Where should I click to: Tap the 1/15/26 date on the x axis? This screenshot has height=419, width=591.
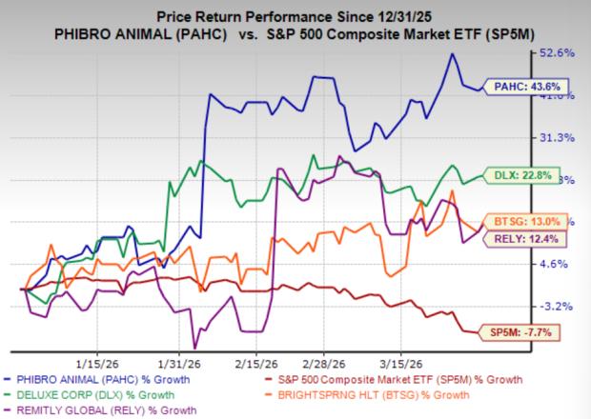pyautogui.click(x=96, y=363)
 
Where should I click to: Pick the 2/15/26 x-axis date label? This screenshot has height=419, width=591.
pyautogui.click(x=251, y=363)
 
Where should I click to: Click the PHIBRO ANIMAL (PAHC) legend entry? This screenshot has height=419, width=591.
pyautogui.click(x=110, y=379)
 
